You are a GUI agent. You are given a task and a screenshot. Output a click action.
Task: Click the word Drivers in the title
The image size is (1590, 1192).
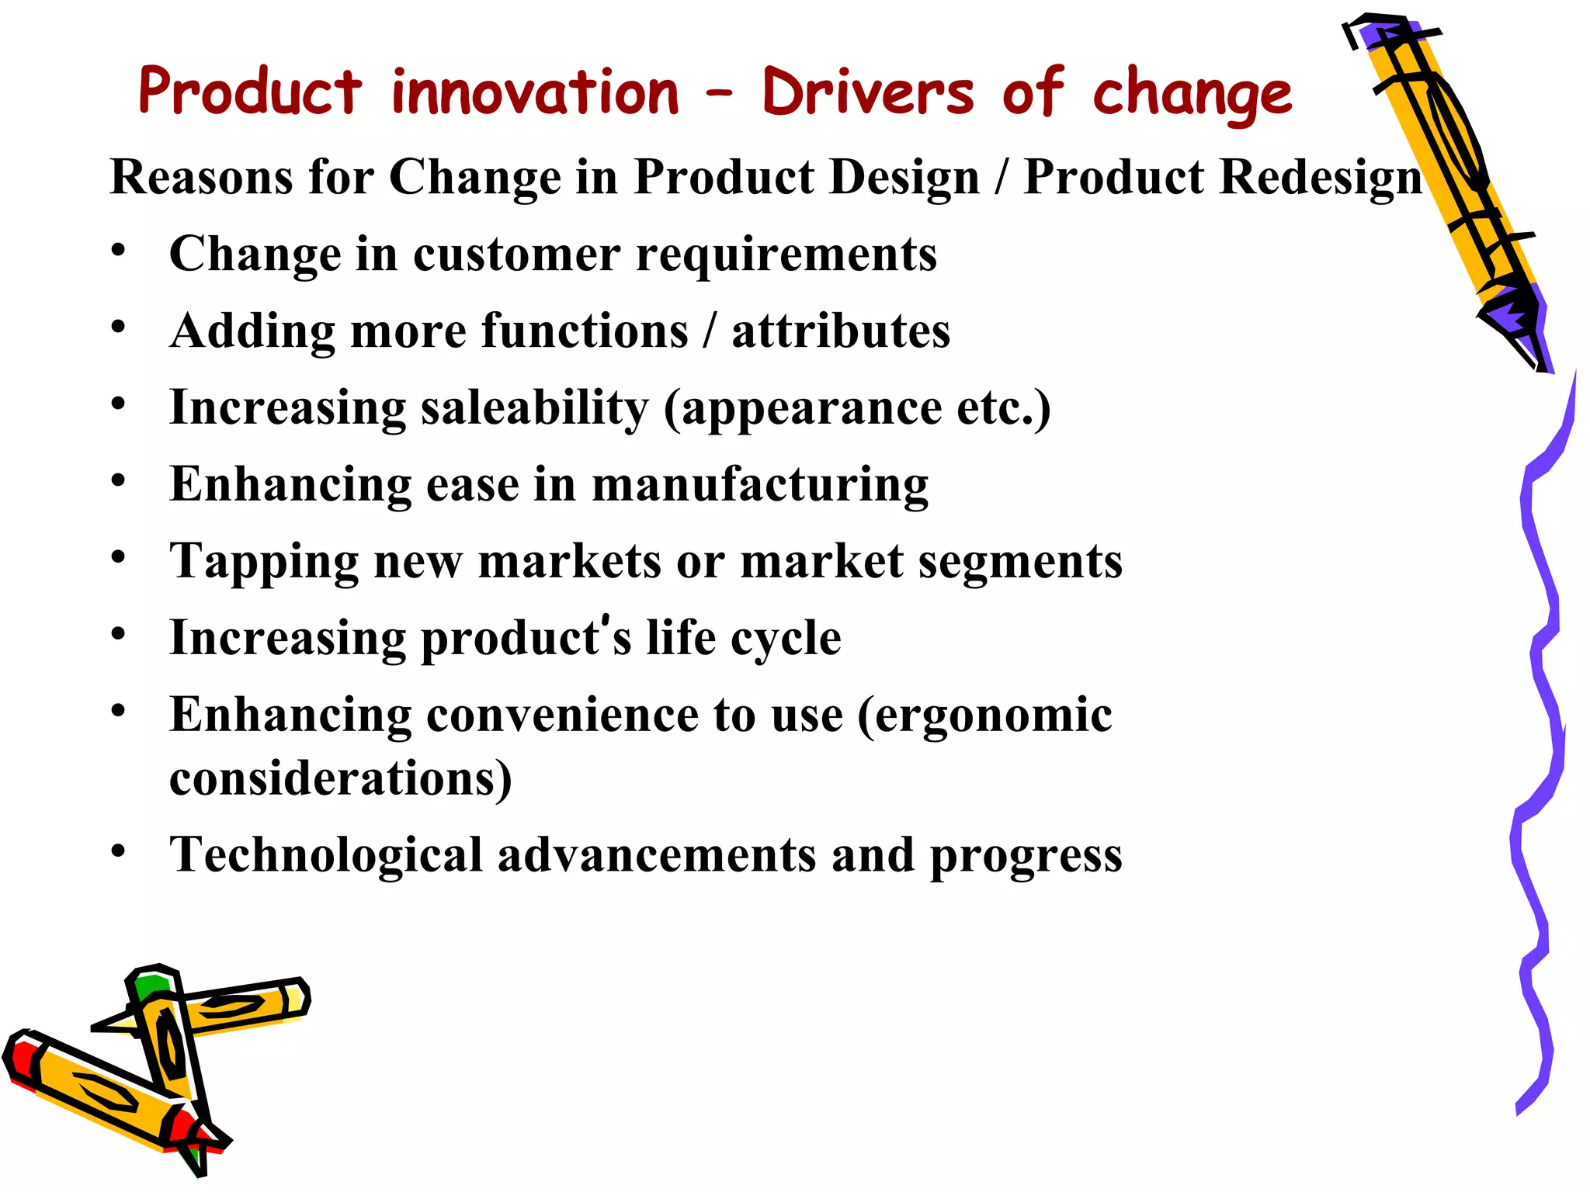(x=867, y=92)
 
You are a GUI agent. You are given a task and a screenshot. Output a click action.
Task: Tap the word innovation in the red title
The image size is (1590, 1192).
(x=535, y=92)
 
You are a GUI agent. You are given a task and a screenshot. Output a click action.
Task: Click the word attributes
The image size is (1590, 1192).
(x=841, y=331)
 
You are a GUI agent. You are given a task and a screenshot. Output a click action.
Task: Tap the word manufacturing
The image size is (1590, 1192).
(x=759, y=484)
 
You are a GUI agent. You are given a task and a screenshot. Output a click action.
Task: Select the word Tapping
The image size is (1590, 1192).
(x=264, y=561)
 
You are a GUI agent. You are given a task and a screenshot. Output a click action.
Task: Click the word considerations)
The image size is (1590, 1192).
(x=340, y=778)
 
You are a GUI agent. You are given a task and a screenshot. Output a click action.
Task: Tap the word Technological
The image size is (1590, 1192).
(x=326, y=855)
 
